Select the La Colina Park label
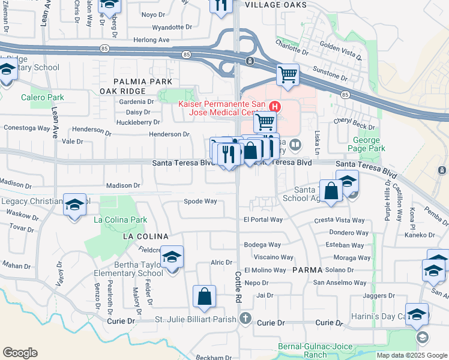pyautogui.click(x=121, y=220)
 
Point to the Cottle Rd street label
pyautogui.click(x=237, y=285)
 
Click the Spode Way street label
pyautogui.click(x=200, y=202)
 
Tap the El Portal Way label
pyautogui.click(x=263, y=220)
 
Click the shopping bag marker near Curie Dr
pyautogui.click(x=204, y=296)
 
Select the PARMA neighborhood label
pyautogui.click(x=308, y=270)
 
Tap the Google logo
pyautogui.click(x=19, y=353)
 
